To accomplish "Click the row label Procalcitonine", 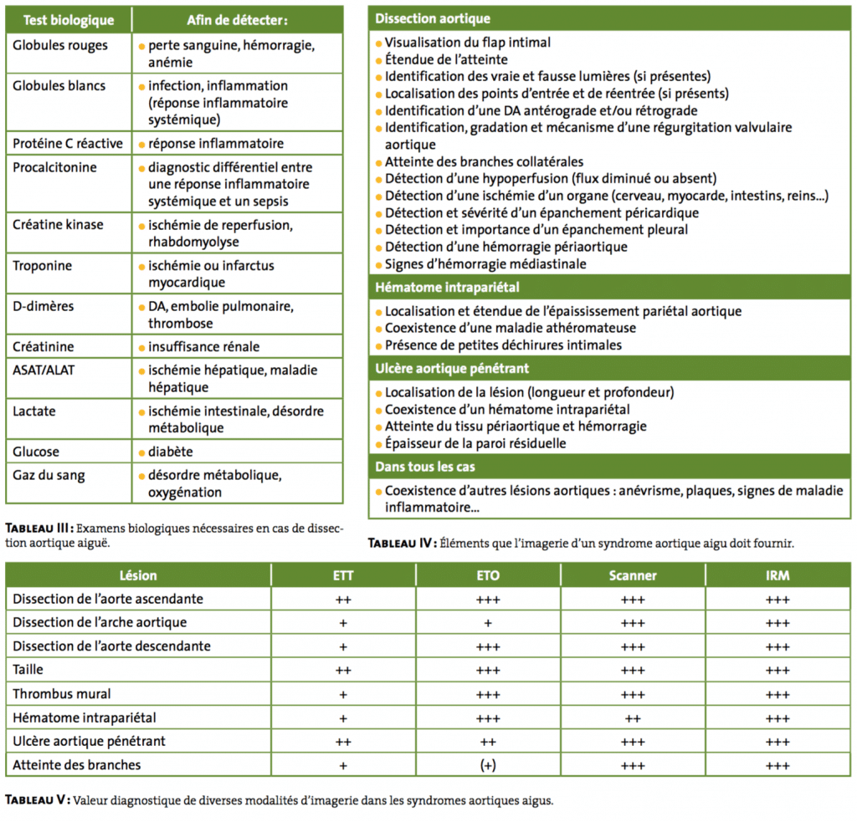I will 54,167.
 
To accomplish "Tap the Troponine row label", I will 43,266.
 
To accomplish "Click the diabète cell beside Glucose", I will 171,452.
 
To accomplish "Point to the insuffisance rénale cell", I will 204,347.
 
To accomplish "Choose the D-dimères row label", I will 44,306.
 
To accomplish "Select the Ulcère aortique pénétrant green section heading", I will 452,368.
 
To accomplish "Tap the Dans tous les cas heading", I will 425,467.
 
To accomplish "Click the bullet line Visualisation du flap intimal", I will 467,42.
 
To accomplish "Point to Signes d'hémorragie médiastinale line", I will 485,264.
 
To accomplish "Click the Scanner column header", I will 633,575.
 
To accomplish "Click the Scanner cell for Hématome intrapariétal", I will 633,717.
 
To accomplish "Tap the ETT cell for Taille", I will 343,670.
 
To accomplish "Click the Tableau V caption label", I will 37,800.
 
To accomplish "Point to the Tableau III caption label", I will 38,528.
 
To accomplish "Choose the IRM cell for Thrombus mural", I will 777,694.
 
